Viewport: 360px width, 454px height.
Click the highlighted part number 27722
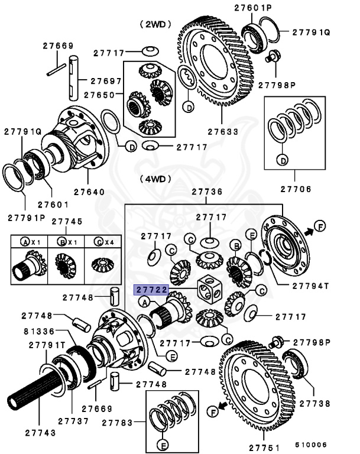point(151,290)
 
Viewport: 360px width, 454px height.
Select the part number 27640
point(89,192)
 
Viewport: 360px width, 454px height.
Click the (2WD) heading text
point(155,24)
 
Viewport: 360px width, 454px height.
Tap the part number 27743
point(40,432)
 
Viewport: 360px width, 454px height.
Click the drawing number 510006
point(311,444)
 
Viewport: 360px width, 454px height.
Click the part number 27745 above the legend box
point(67,221)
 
